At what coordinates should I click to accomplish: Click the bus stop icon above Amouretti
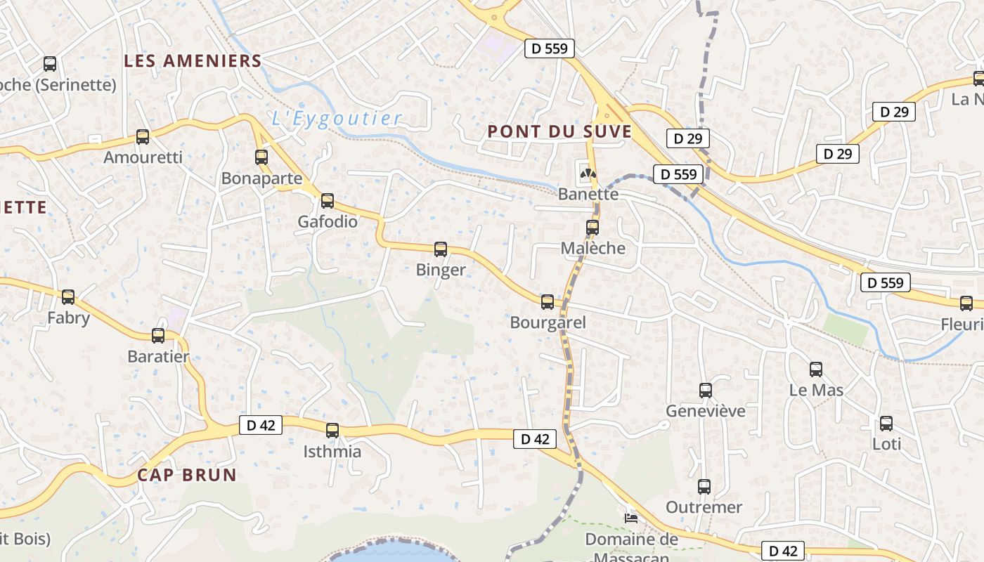click(143, 137)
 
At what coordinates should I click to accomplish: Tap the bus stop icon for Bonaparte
click(261, 157)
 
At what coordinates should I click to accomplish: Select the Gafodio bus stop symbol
click(328, 201)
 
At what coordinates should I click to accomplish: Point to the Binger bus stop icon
click(441, 249)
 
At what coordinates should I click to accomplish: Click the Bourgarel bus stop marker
click(548, 302)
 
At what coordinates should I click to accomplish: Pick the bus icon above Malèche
click(593, 228)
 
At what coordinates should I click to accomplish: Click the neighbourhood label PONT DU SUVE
click(559, 131)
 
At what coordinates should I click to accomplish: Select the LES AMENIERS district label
click(193, 61)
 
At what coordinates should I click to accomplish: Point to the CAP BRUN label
click(187, 475)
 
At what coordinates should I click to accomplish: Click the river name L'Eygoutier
click(337, 118)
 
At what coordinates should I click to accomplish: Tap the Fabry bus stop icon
click(68, 297)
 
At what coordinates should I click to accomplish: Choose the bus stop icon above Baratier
click(158, 336)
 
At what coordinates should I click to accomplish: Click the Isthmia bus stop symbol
click(332, 431)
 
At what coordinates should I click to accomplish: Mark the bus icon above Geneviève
click(706, 391)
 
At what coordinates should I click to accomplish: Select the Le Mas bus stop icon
click(816, 370)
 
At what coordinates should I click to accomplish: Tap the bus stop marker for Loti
click(886, 424)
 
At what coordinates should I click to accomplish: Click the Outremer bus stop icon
click(704, 486)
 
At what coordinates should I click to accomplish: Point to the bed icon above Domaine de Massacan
click(631, 518)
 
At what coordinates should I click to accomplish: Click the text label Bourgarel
click(548, 323)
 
